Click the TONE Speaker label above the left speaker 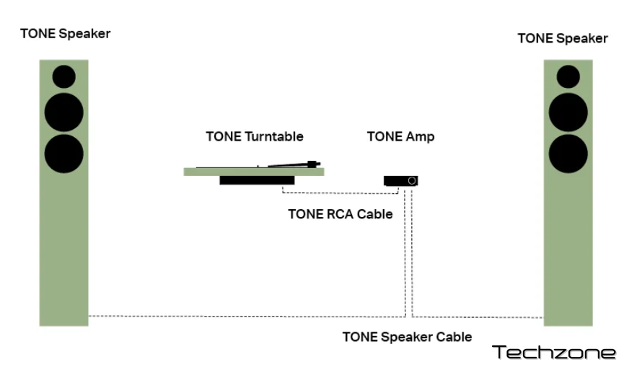66,34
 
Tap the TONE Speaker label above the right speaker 563,38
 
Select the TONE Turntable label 255,136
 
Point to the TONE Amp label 400,136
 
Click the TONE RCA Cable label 340,213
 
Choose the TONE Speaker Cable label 407,337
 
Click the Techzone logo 554,352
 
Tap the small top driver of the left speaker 63,76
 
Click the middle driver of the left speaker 63,112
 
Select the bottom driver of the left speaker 63,153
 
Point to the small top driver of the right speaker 568,76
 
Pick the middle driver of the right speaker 568,112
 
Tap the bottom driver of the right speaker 568,153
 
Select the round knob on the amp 411,180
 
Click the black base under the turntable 257,180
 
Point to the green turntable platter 252,171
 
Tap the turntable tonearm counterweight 312,164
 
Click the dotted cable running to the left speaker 245,317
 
